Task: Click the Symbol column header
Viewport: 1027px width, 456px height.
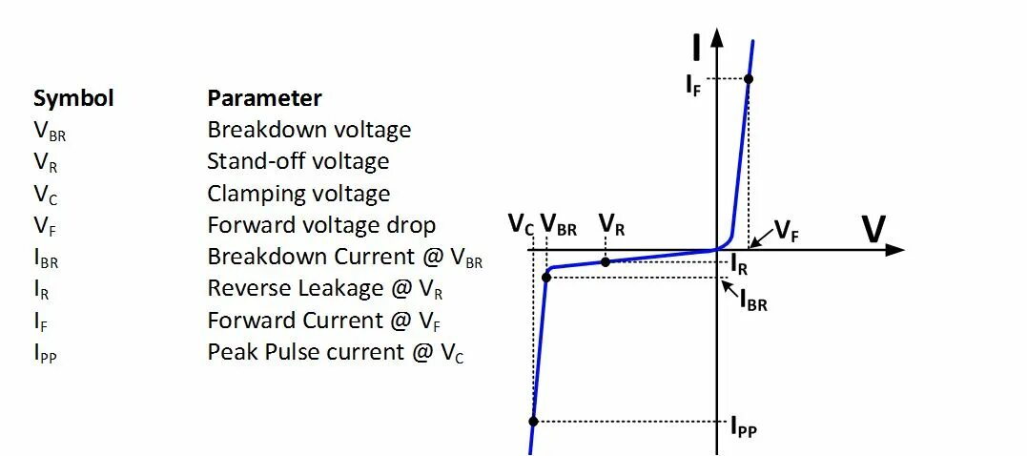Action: (x=73, y=98)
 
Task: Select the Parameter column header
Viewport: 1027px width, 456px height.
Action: (x=264, y=98)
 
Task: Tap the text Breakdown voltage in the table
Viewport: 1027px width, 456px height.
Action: (x=309, y=130)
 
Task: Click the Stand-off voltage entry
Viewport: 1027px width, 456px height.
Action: (x=298, y=161)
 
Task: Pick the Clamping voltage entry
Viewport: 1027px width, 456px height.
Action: (x=298, y=194)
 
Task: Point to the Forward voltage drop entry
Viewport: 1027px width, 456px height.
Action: (x=321, y=225)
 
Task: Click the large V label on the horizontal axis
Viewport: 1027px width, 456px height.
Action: (x=873, y=230)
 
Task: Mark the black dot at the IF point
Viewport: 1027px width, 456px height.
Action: (x=749, y=78)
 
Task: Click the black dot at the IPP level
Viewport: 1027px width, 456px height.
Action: (x=533, y=421)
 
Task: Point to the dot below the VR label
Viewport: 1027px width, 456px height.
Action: (x=606, y=260)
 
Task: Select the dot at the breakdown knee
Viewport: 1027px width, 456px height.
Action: (x=546, y=277)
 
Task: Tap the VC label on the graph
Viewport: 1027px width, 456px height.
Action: (x=521, y=225)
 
